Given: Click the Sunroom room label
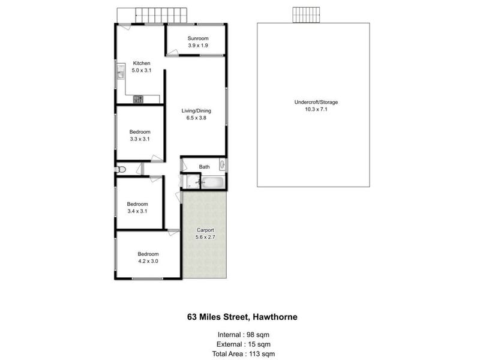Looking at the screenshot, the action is click(198, 38).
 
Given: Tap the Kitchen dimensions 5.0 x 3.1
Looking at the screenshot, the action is click(142, 70).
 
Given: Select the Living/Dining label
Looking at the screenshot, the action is click(196, 111).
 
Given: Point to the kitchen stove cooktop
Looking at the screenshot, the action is click(138, 99).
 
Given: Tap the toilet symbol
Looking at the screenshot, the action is click(121, 169).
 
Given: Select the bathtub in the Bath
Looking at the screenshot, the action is click(213, 183).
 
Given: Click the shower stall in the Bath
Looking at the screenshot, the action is click(191, 181).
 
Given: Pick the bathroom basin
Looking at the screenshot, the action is click(222, 164).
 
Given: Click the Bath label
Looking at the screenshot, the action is click(204, 167).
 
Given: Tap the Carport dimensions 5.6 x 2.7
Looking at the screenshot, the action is click(205, 237).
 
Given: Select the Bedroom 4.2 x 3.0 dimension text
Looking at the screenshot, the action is click(148, 261).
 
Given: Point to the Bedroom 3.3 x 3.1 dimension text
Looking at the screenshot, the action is click(140, 139).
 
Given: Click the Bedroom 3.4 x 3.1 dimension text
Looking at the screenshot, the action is click(137, 211).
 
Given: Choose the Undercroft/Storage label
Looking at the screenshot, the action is click(316, 102).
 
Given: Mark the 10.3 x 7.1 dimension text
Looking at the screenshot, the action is click(316, 109).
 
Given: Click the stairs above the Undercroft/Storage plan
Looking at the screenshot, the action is click(306, 15).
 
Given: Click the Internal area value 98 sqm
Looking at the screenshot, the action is click(260, 335).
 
